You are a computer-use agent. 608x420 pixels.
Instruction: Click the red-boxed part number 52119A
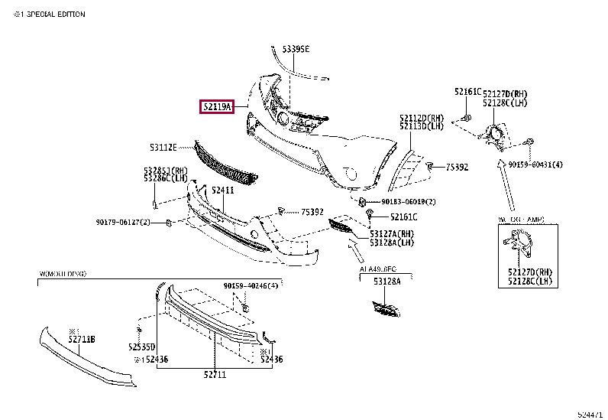click(x=217, y=107)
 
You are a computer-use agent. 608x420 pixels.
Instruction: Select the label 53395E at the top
click(x=296, y=49)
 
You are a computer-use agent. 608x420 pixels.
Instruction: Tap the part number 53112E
click(x=163, y=146)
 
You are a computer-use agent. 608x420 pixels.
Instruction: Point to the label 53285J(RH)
click(x=165, y=170)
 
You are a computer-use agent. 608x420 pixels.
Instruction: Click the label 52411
click(x=222, y=190)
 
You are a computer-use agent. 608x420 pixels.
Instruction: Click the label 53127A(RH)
click(x=392, y=234)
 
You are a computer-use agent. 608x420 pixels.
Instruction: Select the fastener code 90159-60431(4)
click(x=535, y=164)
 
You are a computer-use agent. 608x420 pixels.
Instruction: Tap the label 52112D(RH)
click(x=421, y=118)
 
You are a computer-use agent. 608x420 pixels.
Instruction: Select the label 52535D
click(x=142, y=347)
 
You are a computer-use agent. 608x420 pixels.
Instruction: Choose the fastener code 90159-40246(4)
click(x=251, y=286)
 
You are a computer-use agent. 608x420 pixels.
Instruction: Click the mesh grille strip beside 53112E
click(x=225, y=165)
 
